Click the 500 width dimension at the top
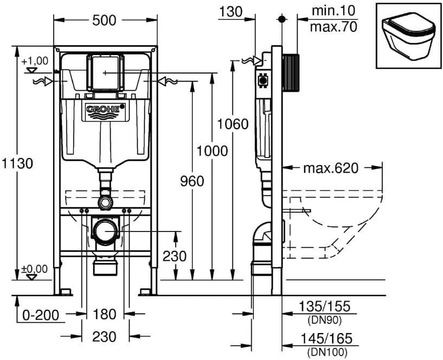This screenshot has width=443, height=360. point(104,21)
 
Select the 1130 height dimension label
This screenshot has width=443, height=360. point(17,163)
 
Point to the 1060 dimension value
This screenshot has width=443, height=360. point(233,124)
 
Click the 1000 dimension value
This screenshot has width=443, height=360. point(212,151)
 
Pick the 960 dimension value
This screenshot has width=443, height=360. point(192,181)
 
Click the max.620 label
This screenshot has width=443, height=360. point(331,168)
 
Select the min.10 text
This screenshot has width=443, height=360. point(333,11)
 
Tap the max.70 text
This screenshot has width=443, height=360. point(334,27)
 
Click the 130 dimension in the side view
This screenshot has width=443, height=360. point(231,12)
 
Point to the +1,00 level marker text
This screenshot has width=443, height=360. point(35,61)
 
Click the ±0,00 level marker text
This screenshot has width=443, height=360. point(35,269)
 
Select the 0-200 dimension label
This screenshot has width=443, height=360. point(41,315)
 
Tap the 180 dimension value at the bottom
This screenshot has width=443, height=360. point(104,314)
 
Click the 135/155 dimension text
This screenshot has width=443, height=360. point(325,306)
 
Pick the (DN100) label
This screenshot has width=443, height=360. point(327,352)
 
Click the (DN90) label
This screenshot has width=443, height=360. point(324,320)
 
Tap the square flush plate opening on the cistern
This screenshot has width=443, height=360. point(105,72)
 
